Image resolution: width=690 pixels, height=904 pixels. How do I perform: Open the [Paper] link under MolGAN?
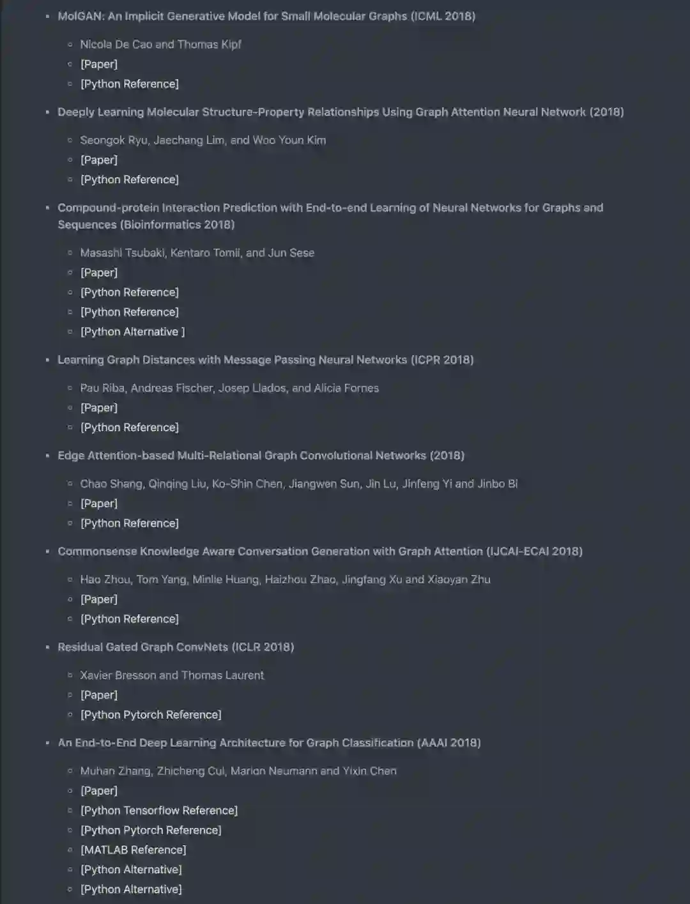coord(99,64)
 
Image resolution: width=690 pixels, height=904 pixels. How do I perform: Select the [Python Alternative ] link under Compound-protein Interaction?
coord(132,332)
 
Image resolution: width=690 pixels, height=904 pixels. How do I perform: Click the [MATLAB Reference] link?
coord(133,850)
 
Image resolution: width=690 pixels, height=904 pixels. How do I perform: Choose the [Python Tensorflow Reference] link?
coord(158,810)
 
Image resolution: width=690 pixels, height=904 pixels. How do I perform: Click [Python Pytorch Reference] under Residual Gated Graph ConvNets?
coord(151,714)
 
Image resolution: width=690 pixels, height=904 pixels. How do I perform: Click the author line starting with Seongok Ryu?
coord(203,140)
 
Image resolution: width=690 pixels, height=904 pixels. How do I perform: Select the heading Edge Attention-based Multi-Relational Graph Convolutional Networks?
coord(261,456)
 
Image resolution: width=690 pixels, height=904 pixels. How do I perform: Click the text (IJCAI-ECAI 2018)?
coord(534,551)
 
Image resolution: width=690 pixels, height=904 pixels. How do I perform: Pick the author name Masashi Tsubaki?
coord(122,252)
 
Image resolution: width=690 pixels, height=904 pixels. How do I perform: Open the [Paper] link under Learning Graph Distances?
coord(99,408)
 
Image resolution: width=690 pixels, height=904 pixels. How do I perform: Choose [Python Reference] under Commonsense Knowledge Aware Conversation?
coord(130,618)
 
